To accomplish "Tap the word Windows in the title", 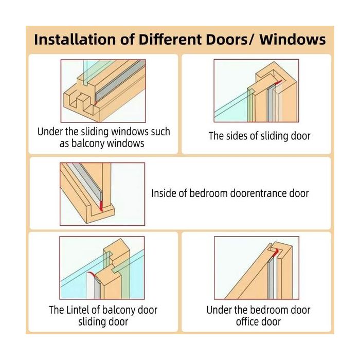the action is point(293,40).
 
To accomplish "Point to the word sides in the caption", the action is point(237,136).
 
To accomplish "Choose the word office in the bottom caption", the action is point(246,321).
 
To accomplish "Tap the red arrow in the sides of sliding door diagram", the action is point(279,82).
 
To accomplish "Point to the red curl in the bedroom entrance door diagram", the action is point(101,206).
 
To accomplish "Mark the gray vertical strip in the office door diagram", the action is point(271,278).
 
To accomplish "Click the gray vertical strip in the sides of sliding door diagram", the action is point(271,103).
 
